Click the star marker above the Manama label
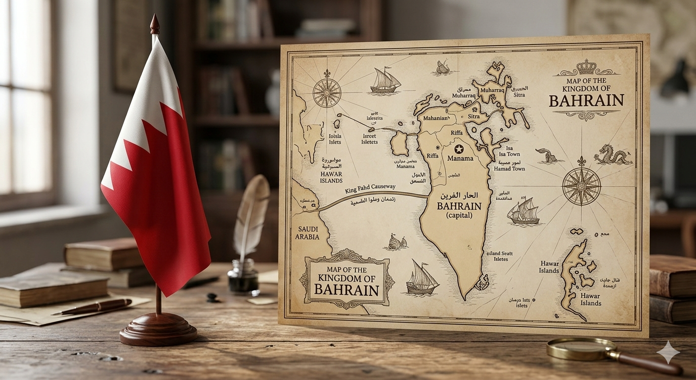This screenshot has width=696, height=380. tap(459, 149)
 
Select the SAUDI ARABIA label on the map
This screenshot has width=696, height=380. tap(306, 233)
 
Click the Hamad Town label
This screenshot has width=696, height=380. tap(510, 169)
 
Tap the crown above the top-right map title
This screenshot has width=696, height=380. tap(587, 67)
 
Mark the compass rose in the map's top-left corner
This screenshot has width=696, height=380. tap(327, 93)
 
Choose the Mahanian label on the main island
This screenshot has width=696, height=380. tap(434, 118)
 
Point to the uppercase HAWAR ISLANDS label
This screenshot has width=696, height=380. tap(331, 178)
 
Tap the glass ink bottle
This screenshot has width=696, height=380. tap(243, 276)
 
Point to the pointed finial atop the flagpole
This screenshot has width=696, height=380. tap(155, 24)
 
